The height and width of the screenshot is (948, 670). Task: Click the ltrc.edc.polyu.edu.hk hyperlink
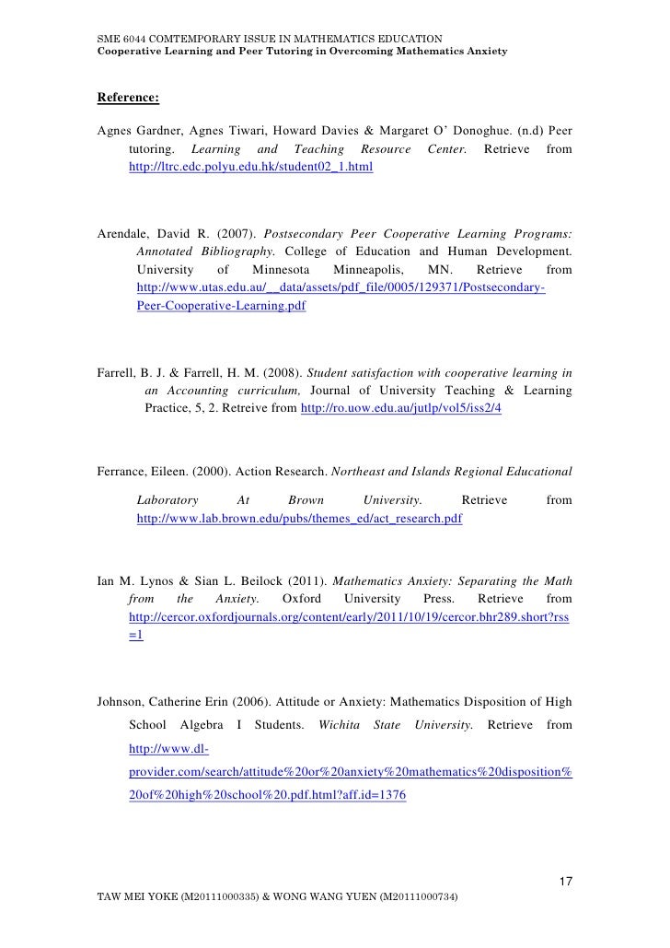(x=251, y=169)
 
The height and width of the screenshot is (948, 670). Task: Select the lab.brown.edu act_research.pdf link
(x=299, y=519)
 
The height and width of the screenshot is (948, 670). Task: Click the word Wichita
(x=339, y=725)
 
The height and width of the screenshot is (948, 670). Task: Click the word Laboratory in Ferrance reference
(x=167, y=500)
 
